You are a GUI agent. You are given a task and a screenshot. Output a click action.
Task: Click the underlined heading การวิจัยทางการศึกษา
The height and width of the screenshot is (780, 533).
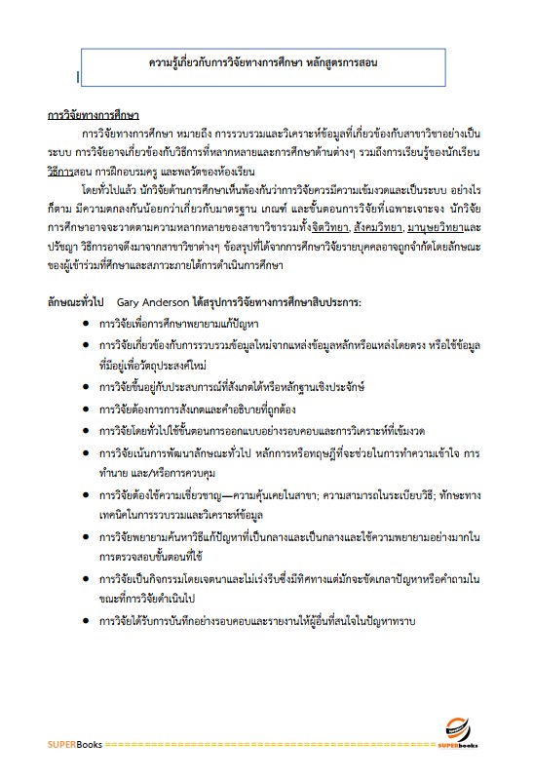(93, 112)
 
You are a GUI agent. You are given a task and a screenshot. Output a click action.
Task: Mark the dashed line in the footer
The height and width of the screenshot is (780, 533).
(273, 747)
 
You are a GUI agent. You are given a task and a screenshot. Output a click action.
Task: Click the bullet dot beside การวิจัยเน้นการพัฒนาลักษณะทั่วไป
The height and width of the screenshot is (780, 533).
(89, 451)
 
